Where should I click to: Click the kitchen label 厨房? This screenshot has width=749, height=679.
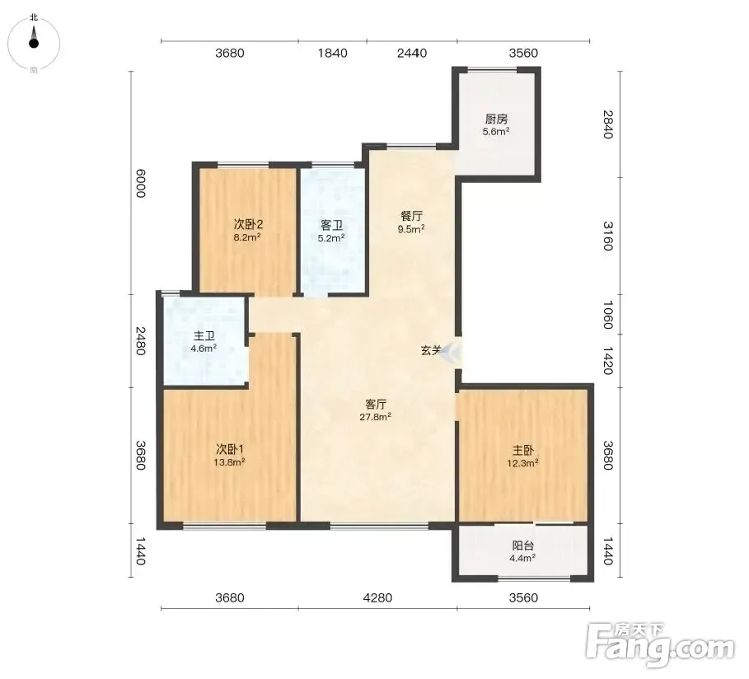click(496, 119)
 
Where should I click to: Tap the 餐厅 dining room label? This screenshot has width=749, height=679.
click(411, 216)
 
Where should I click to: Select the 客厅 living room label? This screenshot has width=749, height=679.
click(376, 405)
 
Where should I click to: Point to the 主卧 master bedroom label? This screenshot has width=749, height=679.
click(523, 450)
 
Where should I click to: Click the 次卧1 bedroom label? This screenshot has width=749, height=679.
click(230, 449)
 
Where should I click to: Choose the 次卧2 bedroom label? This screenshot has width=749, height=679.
click(248, 223)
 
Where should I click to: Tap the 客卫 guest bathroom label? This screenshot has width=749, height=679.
click(331, 225)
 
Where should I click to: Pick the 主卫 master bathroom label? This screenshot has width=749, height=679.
click(204, 336)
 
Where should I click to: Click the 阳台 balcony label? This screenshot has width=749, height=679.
click(522, 546)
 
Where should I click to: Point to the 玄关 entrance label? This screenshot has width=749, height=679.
click(430, 350)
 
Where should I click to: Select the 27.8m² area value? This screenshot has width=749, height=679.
click(376, 417)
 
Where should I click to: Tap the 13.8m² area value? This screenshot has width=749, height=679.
click(230, 462)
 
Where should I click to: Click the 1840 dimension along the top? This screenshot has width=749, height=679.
click(332, 53)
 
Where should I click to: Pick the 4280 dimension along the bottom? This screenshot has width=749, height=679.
click(377, 597)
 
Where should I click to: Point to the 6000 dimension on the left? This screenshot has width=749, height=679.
click(140, 183)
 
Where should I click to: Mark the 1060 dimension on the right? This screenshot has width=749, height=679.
click(607, 315)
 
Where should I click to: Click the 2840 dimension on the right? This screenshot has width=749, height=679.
click(607, 124)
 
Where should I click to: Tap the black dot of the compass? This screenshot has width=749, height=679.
click(34, 43)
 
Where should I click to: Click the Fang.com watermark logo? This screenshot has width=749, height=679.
click(660, 645)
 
